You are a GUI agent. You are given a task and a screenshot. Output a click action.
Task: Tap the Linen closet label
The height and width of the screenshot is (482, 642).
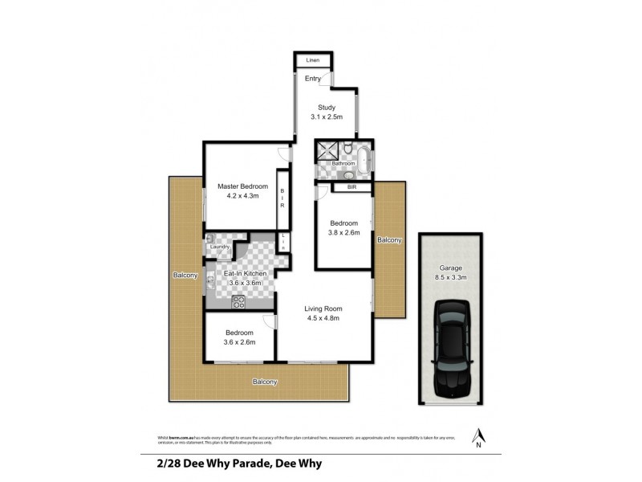click(312, 60)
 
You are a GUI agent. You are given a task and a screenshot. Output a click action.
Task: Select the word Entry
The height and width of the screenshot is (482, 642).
click(312, 78)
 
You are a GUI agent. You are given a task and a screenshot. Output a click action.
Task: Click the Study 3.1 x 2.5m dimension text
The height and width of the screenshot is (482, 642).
click(326, 117)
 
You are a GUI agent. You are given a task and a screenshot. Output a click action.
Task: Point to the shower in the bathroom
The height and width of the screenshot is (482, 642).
click(327, 149)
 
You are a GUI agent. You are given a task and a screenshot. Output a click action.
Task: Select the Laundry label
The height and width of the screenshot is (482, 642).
click(220, 247)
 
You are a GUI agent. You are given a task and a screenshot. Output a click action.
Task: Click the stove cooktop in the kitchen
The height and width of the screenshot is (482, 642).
click(238, 302)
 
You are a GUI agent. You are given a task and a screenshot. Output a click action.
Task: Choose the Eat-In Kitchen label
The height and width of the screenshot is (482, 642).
click(245, 274)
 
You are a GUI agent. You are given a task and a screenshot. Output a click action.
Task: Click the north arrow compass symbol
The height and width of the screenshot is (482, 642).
click(479, 437)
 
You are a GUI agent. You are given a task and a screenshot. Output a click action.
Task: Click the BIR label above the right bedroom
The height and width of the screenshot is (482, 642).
click(351, 187)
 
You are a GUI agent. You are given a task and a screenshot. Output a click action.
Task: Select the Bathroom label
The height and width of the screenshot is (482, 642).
click(343, 164)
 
